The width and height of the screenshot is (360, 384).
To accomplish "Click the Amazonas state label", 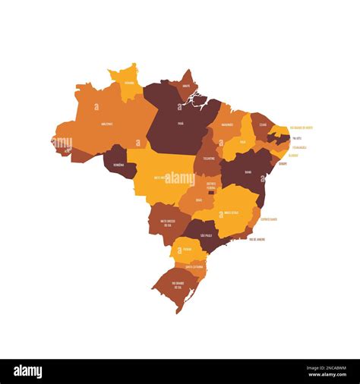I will point(108,123).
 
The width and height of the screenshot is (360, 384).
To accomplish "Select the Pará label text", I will point(181,123).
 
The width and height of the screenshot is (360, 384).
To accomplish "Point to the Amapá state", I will point(186,87).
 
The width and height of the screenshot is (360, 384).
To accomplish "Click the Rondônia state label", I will point(118,164).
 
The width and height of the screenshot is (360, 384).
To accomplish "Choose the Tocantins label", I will point(209,159).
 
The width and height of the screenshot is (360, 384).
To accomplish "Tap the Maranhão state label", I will point(227,124).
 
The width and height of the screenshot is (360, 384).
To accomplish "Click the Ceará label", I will point(263,124).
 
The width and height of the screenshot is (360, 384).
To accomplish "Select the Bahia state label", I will point(248,172).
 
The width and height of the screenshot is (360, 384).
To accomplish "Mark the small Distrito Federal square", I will point(211,192).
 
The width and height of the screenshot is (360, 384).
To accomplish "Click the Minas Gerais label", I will point(230,213).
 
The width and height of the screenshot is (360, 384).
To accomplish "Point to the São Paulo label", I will point(206,235).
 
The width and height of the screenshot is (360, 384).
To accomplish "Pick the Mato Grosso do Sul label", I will point(165,222).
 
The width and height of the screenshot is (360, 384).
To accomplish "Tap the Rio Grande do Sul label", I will point(178,286).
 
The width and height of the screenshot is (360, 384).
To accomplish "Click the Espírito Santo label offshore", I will point(270,219).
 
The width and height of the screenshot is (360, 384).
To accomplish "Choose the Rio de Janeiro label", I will point(257,239).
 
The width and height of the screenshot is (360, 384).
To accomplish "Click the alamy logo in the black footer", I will point(28,371).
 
